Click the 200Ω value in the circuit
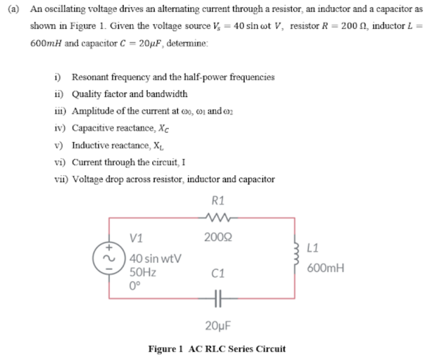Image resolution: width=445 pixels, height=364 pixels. (218, 238)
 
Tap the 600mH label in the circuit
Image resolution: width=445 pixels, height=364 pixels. (325, 268)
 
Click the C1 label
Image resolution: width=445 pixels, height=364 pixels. (218, 274)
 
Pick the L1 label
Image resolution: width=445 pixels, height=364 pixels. (314, 248)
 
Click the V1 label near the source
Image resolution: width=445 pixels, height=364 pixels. (136, 239)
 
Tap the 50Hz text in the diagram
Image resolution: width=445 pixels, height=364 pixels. (143, 271)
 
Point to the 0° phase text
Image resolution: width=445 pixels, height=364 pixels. (135, 283)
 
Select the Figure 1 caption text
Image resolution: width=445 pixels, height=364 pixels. (217, 349)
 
